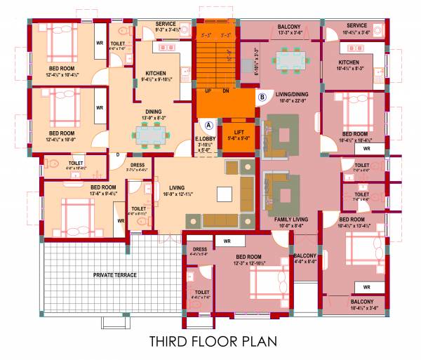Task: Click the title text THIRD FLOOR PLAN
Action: [x=213, y=342]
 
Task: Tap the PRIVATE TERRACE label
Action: [x=115, y=274]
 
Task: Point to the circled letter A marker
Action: [x=208, y=125]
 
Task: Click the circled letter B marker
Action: [x=262, y=97]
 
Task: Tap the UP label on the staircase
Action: [x=208, y=91]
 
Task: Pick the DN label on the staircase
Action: [x=226, y=91]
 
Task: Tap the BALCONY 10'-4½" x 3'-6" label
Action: [x=363, y=303]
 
